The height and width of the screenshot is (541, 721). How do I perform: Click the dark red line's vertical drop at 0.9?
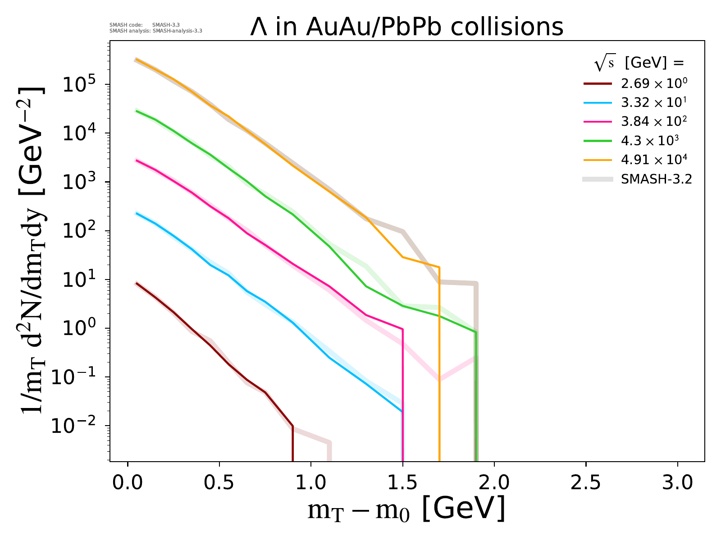293,444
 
